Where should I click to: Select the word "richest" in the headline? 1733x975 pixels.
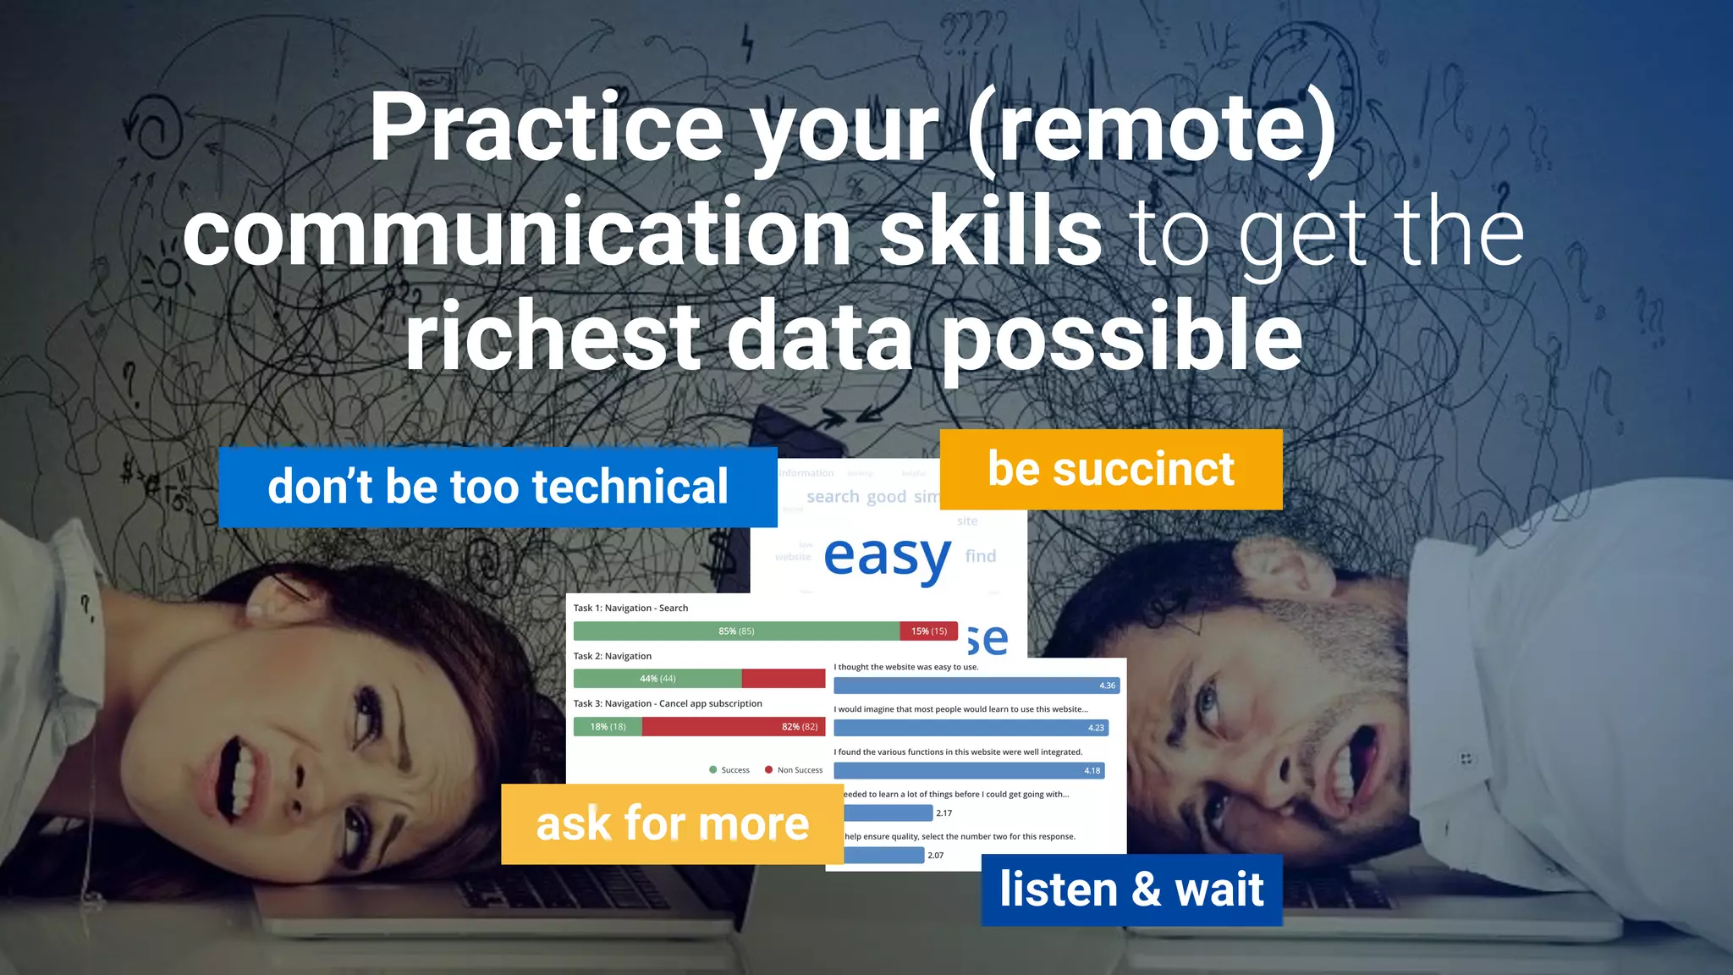553,336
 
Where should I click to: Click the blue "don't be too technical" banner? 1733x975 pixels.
498,487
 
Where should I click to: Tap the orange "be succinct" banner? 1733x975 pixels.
1111,469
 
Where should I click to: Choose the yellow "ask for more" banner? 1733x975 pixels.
672,824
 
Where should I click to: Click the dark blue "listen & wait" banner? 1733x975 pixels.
1131,890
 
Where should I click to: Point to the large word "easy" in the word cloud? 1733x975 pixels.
887,556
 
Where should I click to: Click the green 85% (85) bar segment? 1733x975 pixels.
736,631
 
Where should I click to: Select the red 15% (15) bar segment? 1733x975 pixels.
928,631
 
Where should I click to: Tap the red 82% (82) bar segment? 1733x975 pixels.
733,726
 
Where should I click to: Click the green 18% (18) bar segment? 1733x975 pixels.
608,726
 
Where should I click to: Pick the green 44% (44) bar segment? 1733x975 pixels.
657,678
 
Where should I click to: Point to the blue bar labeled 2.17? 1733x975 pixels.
889,812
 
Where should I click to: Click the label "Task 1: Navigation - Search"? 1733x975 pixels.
630,608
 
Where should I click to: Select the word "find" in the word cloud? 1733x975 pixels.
981,556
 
